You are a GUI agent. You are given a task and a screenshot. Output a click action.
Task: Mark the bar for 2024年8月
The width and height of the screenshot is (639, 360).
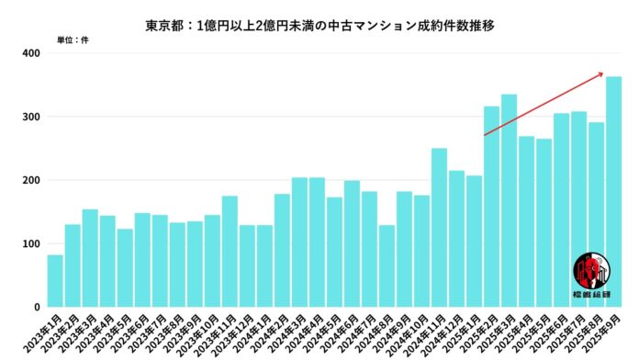pos(387,265)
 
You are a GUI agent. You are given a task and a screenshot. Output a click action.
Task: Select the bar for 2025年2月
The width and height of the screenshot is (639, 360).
pos(491,207)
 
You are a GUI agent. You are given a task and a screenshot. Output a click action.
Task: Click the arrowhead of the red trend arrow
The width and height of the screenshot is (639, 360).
pos(601,73)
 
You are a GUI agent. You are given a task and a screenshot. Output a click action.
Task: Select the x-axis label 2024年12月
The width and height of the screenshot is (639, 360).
pos(447,332)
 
